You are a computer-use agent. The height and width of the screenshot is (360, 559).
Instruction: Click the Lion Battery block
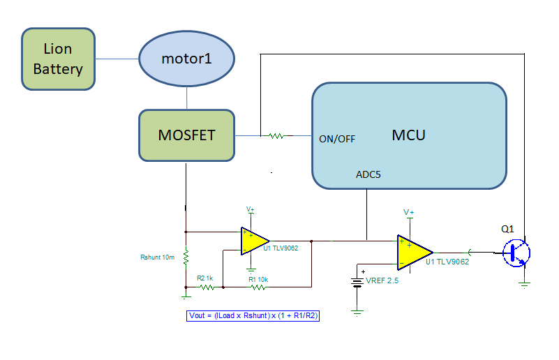58,59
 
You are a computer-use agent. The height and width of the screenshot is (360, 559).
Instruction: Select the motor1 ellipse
186,59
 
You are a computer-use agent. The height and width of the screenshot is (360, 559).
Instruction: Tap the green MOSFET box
186,135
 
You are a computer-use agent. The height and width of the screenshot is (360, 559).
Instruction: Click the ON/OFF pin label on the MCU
337,139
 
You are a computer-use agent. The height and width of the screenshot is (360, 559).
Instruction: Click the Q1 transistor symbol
517,253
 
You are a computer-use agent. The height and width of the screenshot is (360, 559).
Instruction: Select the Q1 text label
507,228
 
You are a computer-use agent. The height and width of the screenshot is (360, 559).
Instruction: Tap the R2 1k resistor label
204,278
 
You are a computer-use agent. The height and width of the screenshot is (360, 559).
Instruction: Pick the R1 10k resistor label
258,278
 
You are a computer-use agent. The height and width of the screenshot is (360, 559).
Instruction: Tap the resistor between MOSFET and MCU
276,136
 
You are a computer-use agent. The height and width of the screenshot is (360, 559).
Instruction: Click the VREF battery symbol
358,282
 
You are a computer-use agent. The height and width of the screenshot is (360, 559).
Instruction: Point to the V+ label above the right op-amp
409,212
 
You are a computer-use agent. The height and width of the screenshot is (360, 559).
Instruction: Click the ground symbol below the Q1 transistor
525,283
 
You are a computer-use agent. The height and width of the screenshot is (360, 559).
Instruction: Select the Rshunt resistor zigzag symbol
186,258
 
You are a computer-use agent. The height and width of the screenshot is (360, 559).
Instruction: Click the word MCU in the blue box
408,135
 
